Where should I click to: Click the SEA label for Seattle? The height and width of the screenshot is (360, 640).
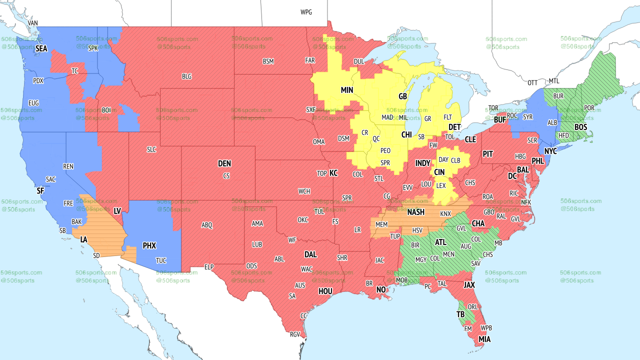pyautogui.click(x=41, y=48)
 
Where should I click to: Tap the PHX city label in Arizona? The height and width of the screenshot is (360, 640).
pyautogui.click(x=149, y=245)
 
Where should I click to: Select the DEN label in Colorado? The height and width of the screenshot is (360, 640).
pyautogui.click(x=224, y=163)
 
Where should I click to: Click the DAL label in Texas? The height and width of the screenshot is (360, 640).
pyautogui.click(x=310, y=254)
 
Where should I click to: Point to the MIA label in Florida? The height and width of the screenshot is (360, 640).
pyautogui.click(x=484, y=339)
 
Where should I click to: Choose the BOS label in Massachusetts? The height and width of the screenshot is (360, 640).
pyautogui.click(x=580, y=127)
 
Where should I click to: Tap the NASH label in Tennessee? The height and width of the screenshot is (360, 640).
pyautogui.click(x=415, y=212)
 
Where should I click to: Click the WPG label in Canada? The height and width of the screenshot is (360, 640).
pyautogui.click(x=306, y=12)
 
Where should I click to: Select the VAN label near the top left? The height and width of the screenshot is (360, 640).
pyautogui.click(x=33, y=23)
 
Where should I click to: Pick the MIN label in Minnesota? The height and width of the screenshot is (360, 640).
pyautogui.click(x=347, y=90)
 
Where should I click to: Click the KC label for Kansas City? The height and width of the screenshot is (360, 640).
pyautogui.click(x=333, y=173)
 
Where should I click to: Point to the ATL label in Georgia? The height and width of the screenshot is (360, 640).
pyautogui.click(x=440, y=242)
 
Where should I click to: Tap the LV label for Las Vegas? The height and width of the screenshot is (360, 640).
pyautogui.click(x=117, y=211)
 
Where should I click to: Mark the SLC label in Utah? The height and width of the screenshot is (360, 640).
pyautogui.click(x=151, y=149)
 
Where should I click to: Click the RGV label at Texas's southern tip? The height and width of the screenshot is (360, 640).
pyautogui.click(x=294, y=334)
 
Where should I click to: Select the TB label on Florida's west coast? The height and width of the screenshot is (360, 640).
pyautogui.click(x=460, y=314)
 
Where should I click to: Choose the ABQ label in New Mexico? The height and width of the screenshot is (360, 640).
pyautogui.click(x=207, y=225)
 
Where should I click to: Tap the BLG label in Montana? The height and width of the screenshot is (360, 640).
pyautogui.click(x=186, y=76)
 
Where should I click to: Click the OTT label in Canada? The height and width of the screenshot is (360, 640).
pyautogui.click(x=532, y=82)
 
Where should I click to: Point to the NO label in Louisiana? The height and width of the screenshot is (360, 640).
pyautogui.click(x=381, y=290)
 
